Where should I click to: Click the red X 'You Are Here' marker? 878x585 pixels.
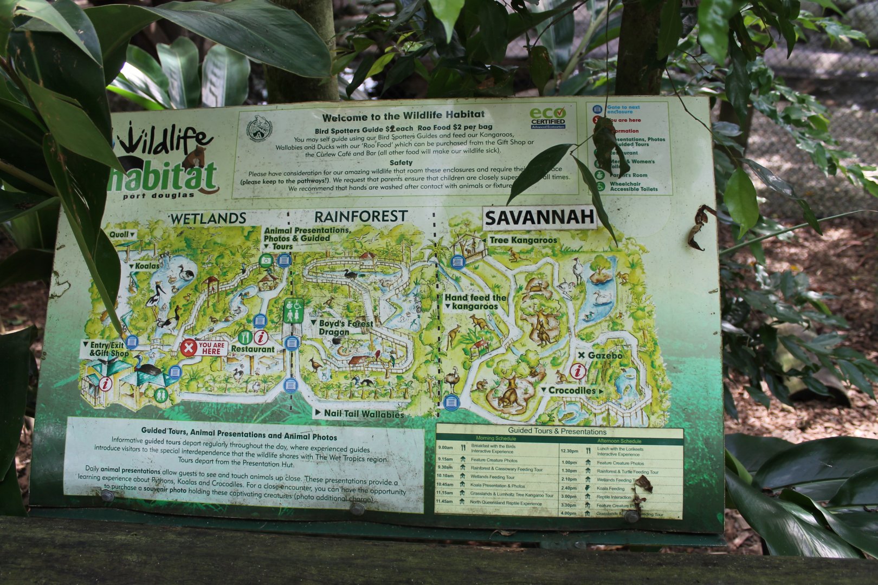[189, 347]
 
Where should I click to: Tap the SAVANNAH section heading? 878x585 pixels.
[539, 218]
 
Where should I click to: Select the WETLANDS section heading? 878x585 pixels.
[208, 218]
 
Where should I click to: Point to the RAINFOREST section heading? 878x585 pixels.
[360, 217]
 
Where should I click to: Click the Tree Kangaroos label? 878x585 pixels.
[522, 240]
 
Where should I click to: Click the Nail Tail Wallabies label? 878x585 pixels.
[364, 414]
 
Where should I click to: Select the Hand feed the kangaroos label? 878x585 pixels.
[475, 302]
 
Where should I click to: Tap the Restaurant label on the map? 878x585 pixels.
[253, 349]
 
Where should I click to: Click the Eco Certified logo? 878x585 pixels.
[547, 118]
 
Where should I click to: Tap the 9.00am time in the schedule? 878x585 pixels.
[446, 447]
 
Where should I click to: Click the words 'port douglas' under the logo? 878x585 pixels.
[158, 196]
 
